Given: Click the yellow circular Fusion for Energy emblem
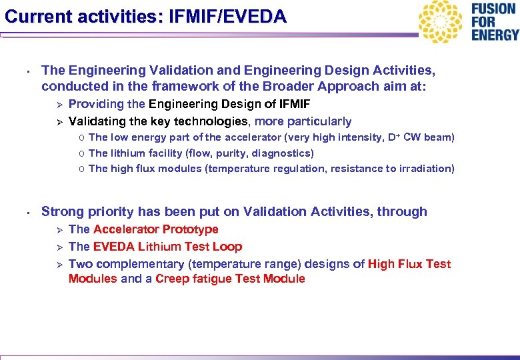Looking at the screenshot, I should click(x=441, y=22).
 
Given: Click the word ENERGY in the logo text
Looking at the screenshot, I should click(x=495, y=35).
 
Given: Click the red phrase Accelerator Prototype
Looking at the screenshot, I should click(x=156, y=229).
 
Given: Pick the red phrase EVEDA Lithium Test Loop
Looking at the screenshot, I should click(x=168, y=247).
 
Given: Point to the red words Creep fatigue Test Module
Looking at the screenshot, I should click(x=230, y=279).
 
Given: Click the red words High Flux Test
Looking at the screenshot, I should click(x=409, y=264).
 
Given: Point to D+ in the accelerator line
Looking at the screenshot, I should click(x=393, y=137).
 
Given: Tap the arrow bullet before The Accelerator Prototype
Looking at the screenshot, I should click(x=58, y=230).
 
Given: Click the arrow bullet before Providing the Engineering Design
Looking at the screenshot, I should click(x=58, y=105).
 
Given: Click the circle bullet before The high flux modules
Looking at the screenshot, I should click(x=80, y=169).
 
